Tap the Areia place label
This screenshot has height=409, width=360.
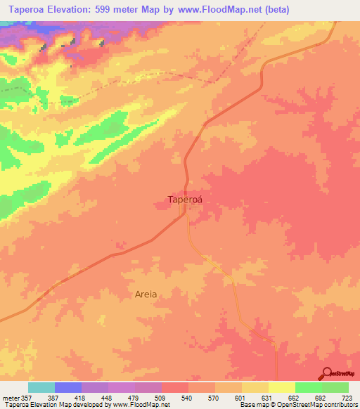(146, 294)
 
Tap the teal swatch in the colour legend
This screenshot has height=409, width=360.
(41, 387)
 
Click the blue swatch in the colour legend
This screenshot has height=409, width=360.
(68, 387)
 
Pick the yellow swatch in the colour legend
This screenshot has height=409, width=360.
(282, 387)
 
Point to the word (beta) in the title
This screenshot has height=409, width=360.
(273, 9)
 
